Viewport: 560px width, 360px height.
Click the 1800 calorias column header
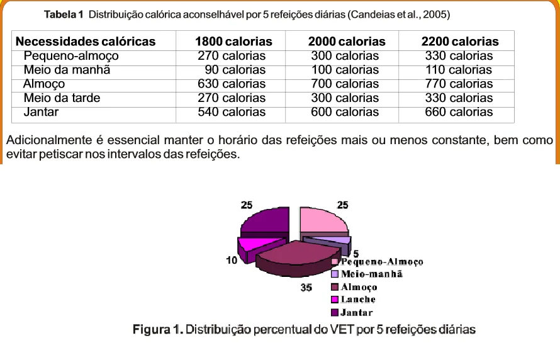coord(233,42)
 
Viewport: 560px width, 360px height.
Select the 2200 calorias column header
coord(460,42)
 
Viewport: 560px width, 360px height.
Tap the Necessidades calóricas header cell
coord(86,42)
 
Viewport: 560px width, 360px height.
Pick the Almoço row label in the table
coord(44,84)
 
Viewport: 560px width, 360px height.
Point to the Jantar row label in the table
coord(41,112)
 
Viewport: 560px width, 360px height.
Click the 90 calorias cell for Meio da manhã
coord(235,70)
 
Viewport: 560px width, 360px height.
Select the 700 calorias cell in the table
coord(345,84)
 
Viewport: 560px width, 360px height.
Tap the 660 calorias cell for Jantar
coord(459,112)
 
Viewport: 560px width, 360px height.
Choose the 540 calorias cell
coord(232,112)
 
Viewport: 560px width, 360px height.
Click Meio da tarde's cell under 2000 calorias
coord(345,98)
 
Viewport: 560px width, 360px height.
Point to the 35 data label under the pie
coord(306,288)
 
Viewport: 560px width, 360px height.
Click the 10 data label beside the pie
coord(232,261)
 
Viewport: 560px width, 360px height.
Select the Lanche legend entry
coord(354,300)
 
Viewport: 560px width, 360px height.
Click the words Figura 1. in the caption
coord(158,329)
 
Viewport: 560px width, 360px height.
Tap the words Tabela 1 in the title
coord(64,14)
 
